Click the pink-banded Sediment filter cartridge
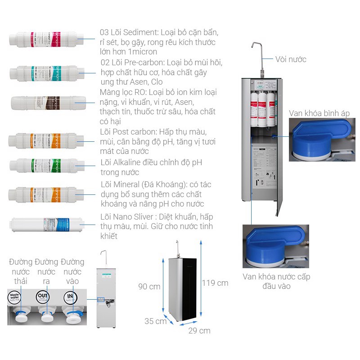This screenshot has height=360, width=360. [47, 39]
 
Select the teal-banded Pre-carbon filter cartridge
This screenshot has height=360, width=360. [47, 72]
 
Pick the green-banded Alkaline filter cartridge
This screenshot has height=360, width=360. [47, 166]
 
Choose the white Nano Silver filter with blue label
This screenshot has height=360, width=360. [47, 223]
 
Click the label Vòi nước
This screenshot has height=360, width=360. [291, 59]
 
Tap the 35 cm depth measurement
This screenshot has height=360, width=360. [155, 321]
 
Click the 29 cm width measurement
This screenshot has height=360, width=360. [199, 331]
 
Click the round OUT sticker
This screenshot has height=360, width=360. [43, 297]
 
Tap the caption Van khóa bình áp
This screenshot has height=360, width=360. [319, 113]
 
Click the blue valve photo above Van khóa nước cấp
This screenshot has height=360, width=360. [275, 246]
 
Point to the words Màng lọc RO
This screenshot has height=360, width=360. [119, 92]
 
